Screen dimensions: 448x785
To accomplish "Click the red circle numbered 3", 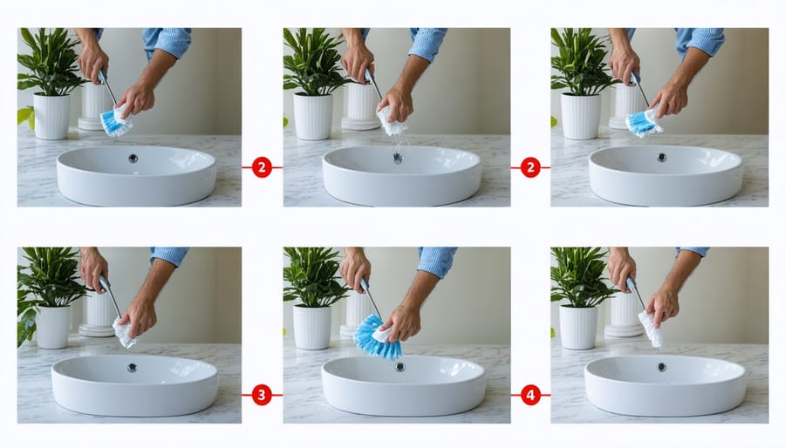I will point(261,395).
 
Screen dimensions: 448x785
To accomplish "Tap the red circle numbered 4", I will point(530,395).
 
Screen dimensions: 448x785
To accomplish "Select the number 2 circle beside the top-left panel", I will point(261,166).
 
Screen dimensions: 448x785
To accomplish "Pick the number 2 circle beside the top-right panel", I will point(530,166).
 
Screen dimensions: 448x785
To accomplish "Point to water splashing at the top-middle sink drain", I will point(397,160).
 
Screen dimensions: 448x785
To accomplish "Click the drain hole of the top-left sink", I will point(133,159).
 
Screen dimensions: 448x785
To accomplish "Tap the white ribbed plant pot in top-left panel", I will point(51,116).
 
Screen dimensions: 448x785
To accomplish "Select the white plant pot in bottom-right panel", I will point(577,327).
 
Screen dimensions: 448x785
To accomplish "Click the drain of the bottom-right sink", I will point(665,367).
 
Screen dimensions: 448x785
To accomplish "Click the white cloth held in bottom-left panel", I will point(124,332).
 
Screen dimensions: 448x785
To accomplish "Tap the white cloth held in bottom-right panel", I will point(651,329).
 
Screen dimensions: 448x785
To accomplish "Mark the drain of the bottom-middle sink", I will point(401,367).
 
